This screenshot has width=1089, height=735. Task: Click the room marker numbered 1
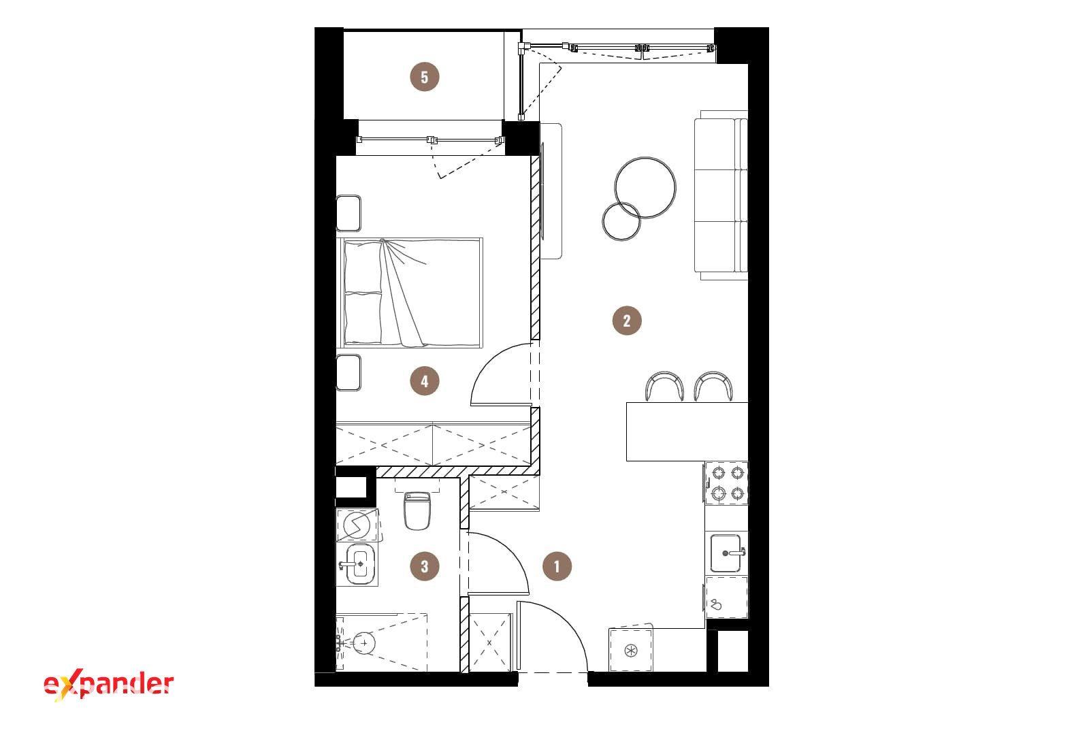[557, 566]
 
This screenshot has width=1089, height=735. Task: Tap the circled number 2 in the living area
[627, 321]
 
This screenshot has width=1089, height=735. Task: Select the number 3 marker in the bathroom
[425, 566]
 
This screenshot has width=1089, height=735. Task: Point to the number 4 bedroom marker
[425, 380]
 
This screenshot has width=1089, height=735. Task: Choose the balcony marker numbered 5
[425, 77]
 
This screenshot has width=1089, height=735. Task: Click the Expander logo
[108, 685]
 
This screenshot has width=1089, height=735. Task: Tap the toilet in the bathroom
[417, 510]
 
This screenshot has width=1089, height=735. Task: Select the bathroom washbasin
[359, 564]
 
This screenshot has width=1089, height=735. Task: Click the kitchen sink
[726, 553]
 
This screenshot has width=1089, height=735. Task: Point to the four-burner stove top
[727, 483]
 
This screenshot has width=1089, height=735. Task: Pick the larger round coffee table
[645, 188]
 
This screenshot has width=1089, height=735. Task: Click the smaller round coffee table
[621, 221]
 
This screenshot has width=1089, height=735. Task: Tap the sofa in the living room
[721, 195]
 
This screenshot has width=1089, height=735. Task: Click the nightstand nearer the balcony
[348, 214]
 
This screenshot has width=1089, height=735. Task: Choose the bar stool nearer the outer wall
[713, 387]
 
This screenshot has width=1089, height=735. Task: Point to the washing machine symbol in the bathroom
[357, 525]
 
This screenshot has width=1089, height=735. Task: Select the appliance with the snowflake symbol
[630, 651]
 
